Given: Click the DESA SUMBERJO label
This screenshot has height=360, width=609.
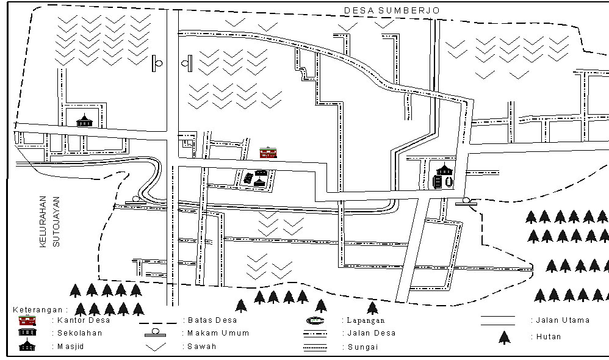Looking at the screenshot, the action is click(392, 10).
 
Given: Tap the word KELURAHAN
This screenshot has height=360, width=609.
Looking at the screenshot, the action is click(43, 221).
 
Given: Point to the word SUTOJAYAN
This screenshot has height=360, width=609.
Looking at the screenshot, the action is click(56, 221).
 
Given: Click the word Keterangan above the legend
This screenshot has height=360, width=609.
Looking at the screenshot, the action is click(38, 310).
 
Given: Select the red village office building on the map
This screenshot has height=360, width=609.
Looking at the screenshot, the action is click(268, 152).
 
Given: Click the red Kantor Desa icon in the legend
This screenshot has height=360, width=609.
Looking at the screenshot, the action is click(27, 320).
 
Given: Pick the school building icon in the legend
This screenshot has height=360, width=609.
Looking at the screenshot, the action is click(27, 332).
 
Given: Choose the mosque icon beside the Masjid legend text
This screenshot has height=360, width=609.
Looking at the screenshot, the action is click(27, 345).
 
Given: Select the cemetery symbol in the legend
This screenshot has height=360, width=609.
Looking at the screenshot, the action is click(156, 333).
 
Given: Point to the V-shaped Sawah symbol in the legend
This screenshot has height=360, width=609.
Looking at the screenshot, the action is click(156, 347).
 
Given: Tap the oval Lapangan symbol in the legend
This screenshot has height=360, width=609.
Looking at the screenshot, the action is click(315, 321).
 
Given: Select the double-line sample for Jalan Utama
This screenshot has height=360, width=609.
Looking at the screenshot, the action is click(498, 321).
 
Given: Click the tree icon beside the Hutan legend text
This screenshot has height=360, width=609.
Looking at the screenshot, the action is click(504, 337).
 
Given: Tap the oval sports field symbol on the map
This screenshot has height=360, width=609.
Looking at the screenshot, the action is click(449, 182).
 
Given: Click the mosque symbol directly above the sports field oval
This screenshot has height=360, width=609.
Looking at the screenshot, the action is click(444, 170).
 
